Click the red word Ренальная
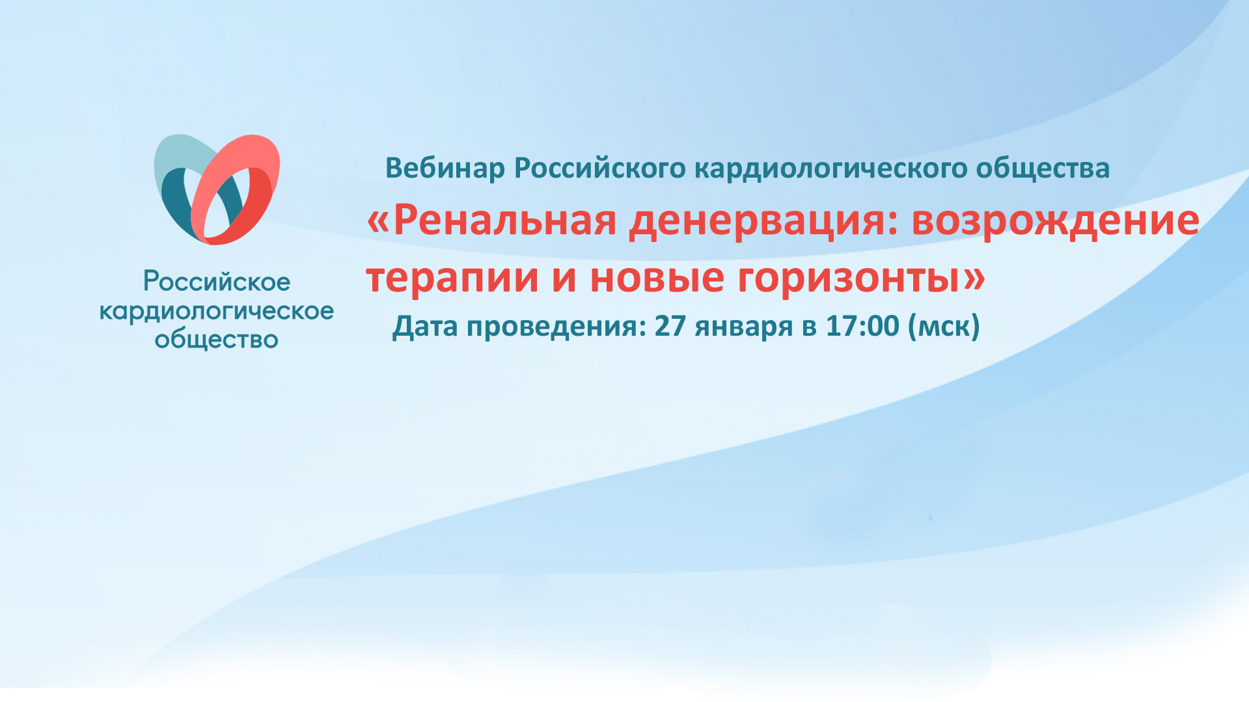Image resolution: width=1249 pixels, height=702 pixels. [504, 220]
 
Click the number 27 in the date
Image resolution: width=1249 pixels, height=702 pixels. [670, 325]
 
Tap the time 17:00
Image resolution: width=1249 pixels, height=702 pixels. [862, 325]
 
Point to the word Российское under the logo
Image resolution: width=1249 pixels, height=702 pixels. [217, 282]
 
